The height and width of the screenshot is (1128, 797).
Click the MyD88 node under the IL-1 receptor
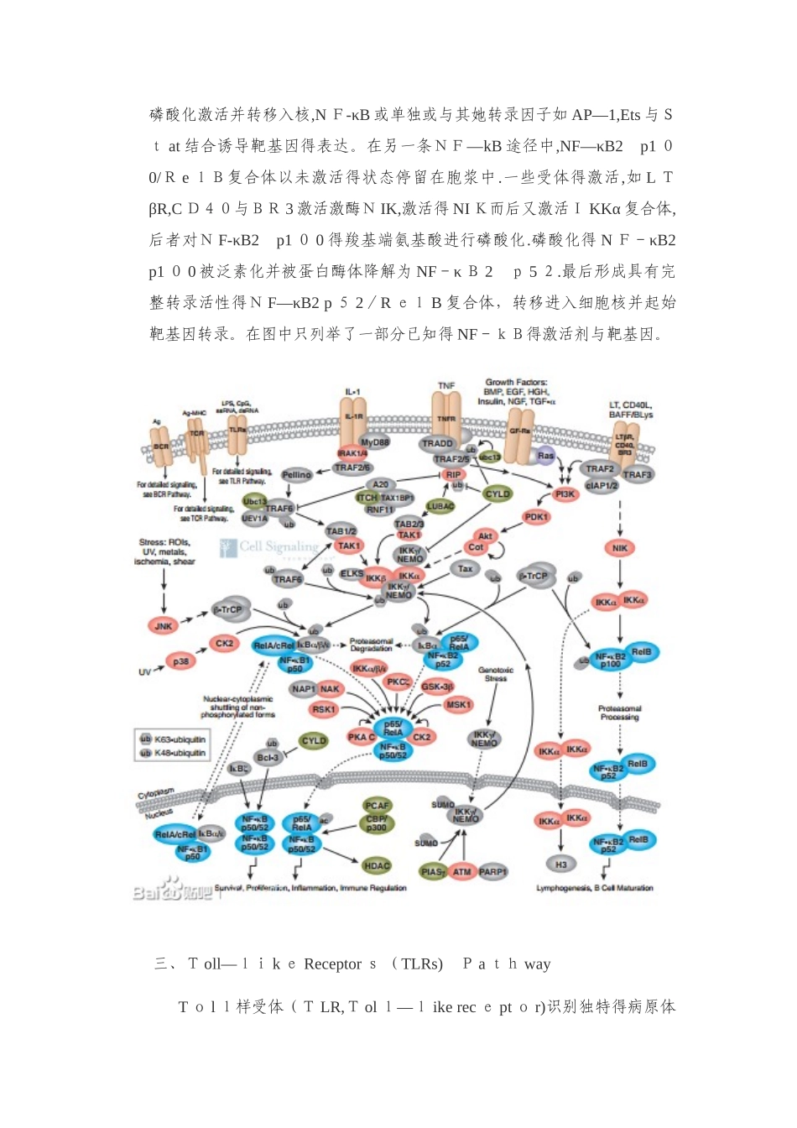pos(374,442)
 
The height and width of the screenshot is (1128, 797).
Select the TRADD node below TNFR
pos(438,443)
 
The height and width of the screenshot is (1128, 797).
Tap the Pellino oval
pos(296,475)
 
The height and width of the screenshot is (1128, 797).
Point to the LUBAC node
pos(440,506)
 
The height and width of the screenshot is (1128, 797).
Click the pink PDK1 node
pos(536,517)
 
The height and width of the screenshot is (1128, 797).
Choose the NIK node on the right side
pos(620,548)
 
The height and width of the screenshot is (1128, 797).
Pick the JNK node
pos(164,626)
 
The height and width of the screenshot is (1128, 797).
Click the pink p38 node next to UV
pos(180,661)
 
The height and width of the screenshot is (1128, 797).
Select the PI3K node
pos(565,494)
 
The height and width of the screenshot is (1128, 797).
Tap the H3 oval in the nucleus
pos(561,864)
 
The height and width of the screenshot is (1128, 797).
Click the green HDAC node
pos(377,865)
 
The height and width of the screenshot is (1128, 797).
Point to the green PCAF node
pos(377,806)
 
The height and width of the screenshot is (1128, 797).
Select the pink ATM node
pos(462,872)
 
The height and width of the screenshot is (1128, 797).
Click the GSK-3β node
pos(437,687)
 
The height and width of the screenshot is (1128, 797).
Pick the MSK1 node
pos(458,705)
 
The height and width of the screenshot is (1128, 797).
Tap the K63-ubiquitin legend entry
pos(173,739)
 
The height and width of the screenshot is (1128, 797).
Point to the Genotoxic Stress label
pos(496,674)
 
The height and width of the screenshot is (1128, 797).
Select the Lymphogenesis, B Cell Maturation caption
pos(594,888)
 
